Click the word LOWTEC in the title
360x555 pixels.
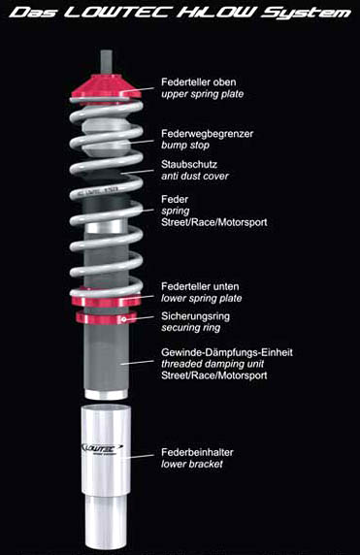pyautogui.click(x=117, y=13)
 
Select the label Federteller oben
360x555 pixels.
pyautogui.click(x=198, y=82)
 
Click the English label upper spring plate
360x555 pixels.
pyautogui.click(x=202, y=94)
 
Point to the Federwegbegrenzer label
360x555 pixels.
pyautogui.click(x=207, y=134)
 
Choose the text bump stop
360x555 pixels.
pyautogui.click(x=185, y=146)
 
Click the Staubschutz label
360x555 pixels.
pyautogui.click(x=189, y=164)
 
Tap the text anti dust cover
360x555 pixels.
pyautogui.click(x=195, y=176)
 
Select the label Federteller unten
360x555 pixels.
pyautogui.click(x=200, y=286)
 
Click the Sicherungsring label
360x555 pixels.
pyautogui.click(x=195, y=316)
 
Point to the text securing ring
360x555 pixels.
pyautogui.click(x=191, y=328)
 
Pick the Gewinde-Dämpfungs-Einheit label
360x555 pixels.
pyautogui.click(x=226, y=352)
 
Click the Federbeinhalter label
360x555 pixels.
pyautogui.click(x=197, y=452)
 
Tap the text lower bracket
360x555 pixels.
pyautogui.click(x=192, y=464)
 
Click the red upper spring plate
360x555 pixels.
pyautogui.click(x=106, y=87)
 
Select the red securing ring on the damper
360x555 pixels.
pyautogui.click(x=106, y=317)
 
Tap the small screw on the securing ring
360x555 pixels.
pyautogui.click(x=124, y=319)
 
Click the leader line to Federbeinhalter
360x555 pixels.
pyautogui.click(x=141, y=456)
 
